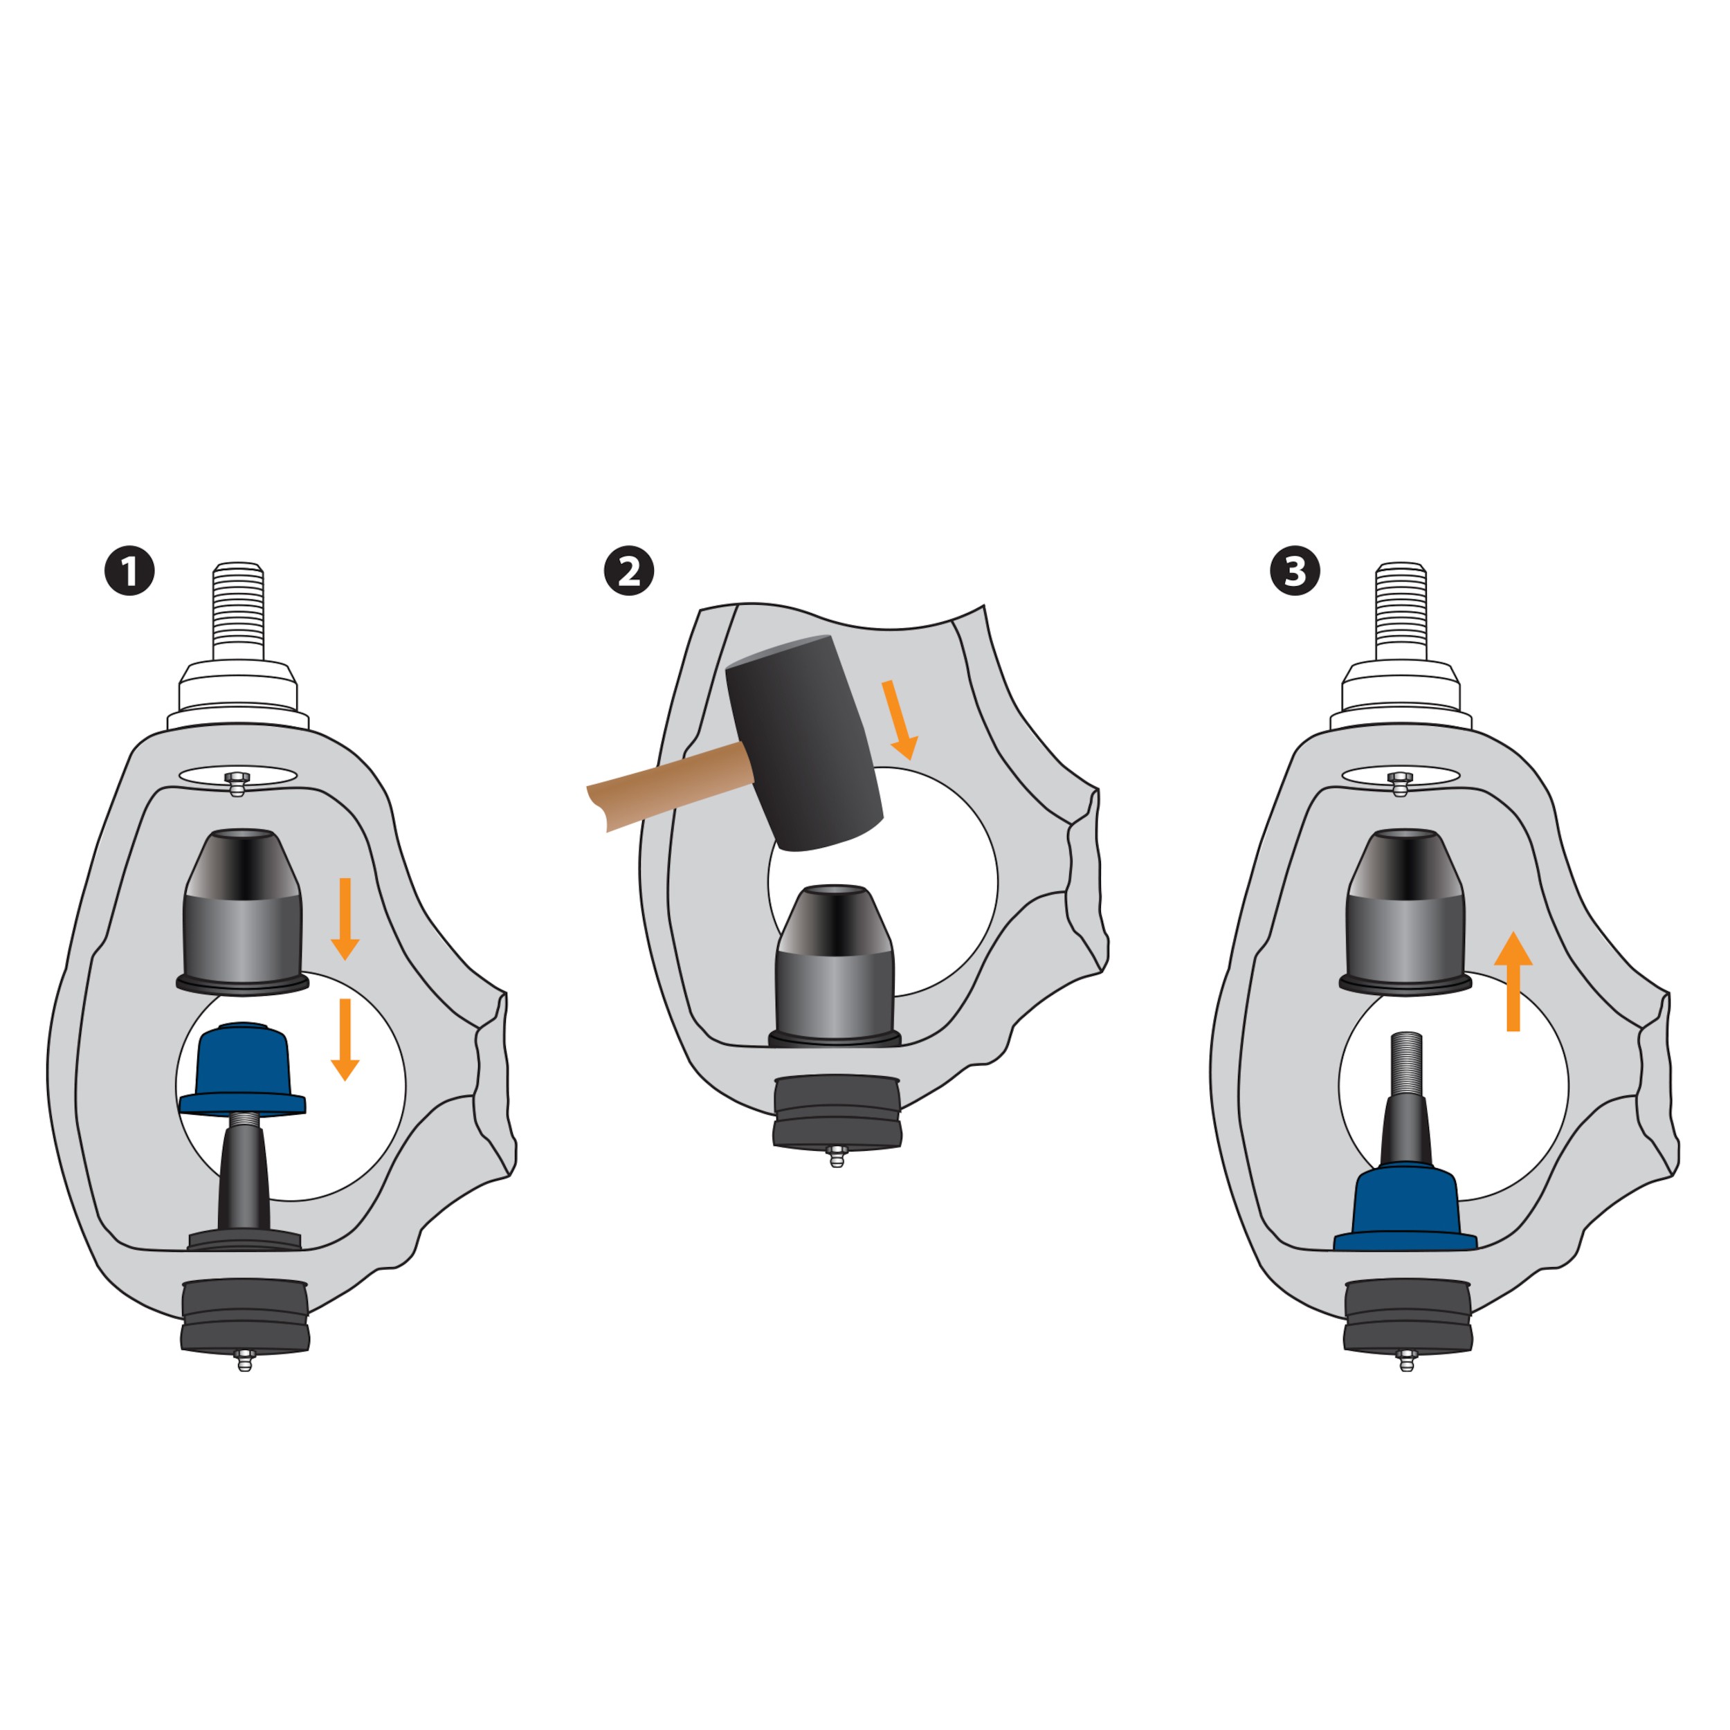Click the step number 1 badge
pos(130,570)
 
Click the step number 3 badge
pos(1295,570)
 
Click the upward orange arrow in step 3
pos(1513,981)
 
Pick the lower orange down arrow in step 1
pos(345,1039)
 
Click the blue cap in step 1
pos(243,1069)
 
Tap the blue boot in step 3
pos(1405,1206)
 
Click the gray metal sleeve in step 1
pos(243,911)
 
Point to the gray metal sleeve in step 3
pos(1405,911)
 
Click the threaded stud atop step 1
pos(238,612)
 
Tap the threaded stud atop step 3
pos(1401,612)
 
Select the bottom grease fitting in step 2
pos(837,1156)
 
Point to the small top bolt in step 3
pos(1401,783)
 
